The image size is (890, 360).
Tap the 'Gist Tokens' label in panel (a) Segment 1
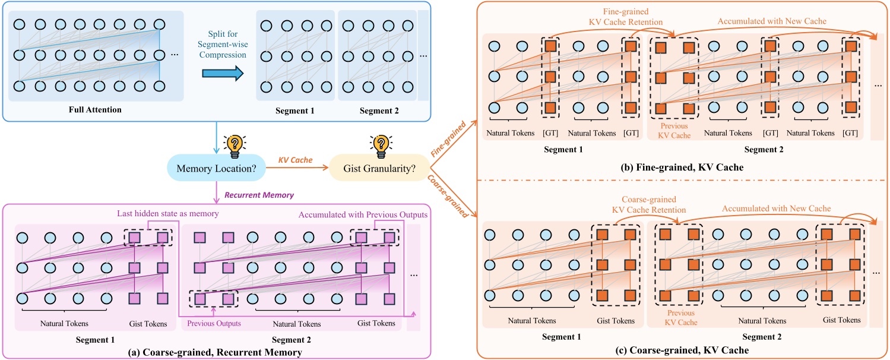pos(148,324)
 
